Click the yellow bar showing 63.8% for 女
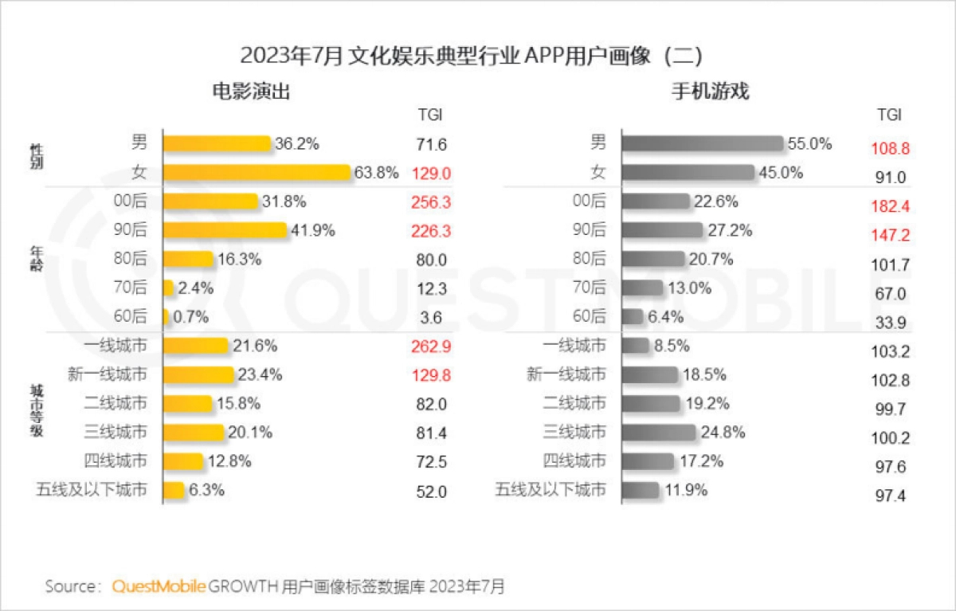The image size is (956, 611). [x=257, y=172]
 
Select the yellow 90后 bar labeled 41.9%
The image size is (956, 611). [x=225, y=230]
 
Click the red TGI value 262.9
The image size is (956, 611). [x=431, y=347]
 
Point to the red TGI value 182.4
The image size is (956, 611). [x=891, y=206]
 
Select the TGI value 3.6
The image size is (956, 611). [x=431, y=317]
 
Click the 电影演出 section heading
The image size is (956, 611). [x=250, y=92]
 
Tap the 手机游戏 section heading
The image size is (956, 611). [x=711, y=92]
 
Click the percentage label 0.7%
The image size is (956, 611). [x=190, y=317]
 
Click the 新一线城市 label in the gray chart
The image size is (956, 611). [x=566, y=374]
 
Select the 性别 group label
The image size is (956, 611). [x=36, y=158]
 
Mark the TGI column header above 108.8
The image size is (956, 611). [x=889, y=115]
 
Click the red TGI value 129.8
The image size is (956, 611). [x=431, y=375]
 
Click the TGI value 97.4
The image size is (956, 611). [x=891, y=495]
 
